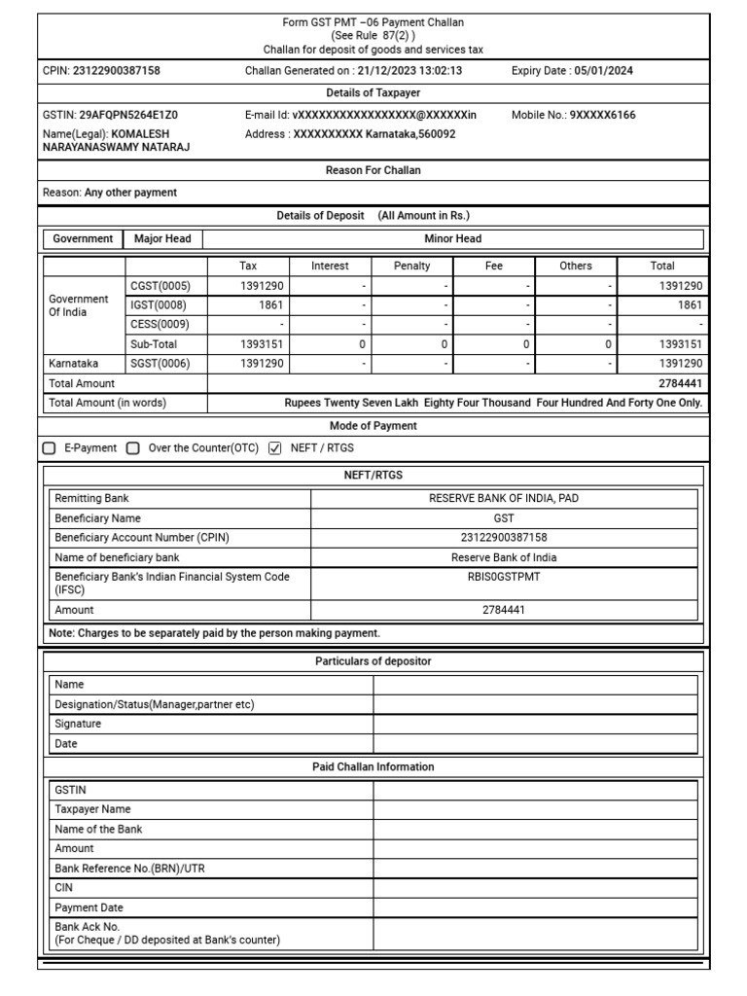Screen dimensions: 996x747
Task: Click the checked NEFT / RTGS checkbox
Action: click(x=274, y=448)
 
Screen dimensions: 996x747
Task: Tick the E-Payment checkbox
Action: click(x=50, y=448)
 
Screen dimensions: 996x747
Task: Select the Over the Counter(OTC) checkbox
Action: click(x=133, y=448)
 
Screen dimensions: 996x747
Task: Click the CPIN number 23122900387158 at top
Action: click(x=117, y=70)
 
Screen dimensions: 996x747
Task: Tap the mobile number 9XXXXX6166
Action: click(x=602, y=115)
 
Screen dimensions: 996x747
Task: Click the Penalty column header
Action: click(x=411, y=266)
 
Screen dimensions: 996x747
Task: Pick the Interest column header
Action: click(x=330, y=266)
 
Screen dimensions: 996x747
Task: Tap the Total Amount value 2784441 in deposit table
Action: click(x=680, y=383)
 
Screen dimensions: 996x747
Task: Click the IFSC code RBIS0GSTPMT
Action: click(x=504, y=576)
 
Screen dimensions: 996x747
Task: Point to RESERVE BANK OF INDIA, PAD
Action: click(x=504, y=498)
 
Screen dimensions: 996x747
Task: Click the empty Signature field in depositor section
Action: click(x=535, y=724)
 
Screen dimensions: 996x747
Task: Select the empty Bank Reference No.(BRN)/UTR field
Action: click(x=535, y=868)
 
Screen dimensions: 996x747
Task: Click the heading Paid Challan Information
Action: click(x=373, y=766)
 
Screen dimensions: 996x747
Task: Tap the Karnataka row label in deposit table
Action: click(x=74, y=364)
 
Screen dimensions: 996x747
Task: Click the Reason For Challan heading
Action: click(x=373, y=170)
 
